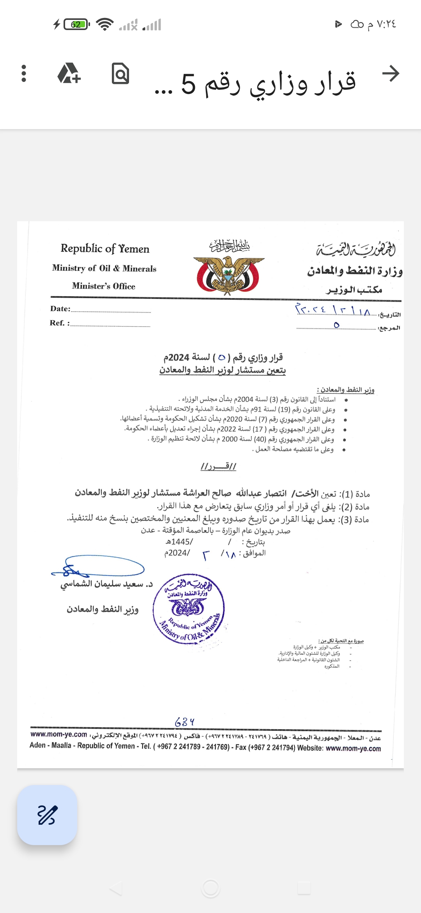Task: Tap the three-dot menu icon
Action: click(24, 73)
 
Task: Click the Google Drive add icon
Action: click(69, 73)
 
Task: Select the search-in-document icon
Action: click(120, 73)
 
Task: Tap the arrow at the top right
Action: click(391, 73)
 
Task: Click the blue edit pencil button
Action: click(47, 815)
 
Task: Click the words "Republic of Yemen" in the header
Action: click(105, 249)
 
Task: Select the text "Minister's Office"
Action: click(104, 286)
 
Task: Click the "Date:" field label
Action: click(60, 309)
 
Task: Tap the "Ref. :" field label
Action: click(60, 323)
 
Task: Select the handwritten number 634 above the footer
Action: click(184, 722)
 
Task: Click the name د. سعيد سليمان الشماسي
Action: click(106, 584)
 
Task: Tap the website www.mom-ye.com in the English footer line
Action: click(353, 748)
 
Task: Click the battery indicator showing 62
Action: click(76, 25)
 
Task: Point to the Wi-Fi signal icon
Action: click(104, 25)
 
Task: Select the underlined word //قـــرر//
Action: click(218, 466)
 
